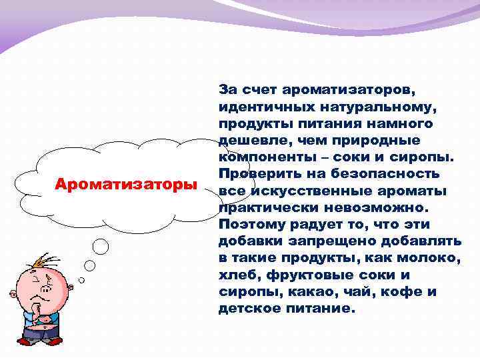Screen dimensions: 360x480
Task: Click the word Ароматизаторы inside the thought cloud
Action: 126,183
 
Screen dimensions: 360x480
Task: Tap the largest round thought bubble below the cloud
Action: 100,247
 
